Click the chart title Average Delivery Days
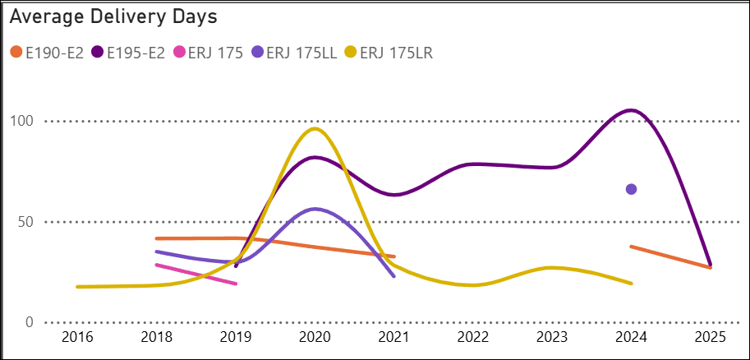click(113, 16)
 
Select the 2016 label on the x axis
click(77, 339)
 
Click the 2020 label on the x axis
click(315, 339)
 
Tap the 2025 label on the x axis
click(711, 339)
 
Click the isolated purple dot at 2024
click(631, 189)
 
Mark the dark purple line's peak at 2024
click(631, 110)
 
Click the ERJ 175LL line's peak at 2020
click(315, 209)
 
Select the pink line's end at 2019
click(236, 284)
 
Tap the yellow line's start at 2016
click(77, 287)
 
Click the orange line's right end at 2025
click(710, 267)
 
